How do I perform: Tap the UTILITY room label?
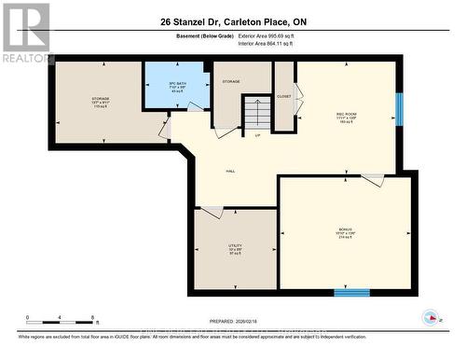(235, 249)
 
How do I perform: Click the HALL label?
(229, 172)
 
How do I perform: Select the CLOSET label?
(283, 96)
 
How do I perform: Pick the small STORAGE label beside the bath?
(231, 82)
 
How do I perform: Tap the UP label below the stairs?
(257, 135)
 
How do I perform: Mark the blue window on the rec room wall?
(398, 110)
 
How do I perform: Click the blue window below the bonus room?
(351, 293)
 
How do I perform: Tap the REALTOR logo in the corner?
(26, 33)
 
